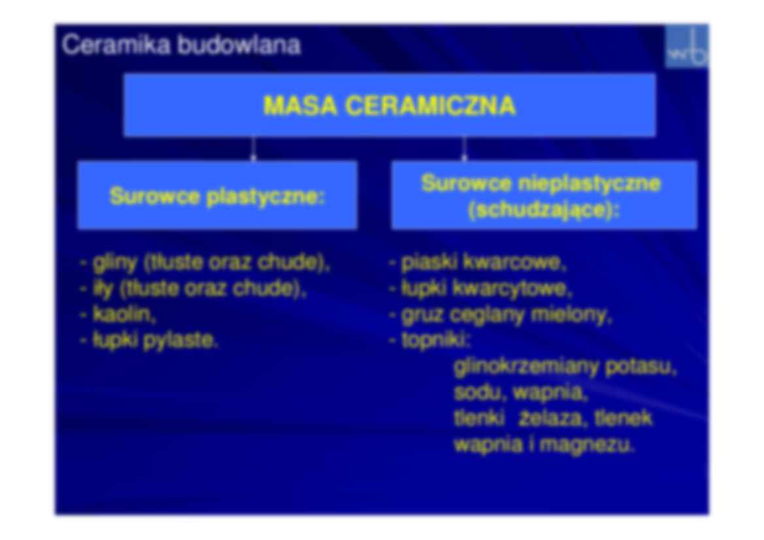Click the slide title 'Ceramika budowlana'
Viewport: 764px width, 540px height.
(x=181, y=46)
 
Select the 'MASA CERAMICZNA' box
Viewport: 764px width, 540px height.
(x=390, y=105)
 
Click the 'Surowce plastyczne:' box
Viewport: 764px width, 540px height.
(x=217, y=195)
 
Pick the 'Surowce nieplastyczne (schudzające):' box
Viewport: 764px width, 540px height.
(x=544, y=195)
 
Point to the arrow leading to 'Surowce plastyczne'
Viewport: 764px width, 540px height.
(x=254, y=149)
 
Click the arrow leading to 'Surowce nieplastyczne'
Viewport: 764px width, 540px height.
(x=464, y=149)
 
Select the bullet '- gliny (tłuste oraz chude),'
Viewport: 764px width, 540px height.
(x=205, y=263)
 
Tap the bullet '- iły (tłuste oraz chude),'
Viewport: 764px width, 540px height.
(x=193, y=288)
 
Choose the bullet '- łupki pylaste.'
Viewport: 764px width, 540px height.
(x=149, y=341)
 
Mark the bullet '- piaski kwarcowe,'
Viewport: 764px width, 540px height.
(x=478, y=263)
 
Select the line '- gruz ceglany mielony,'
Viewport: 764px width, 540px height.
(x=501, y=315)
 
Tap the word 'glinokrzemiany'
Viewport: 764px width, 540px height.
(x=526, y=367)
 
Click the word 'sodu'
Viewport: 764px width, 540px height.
(x=479, y=393)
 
